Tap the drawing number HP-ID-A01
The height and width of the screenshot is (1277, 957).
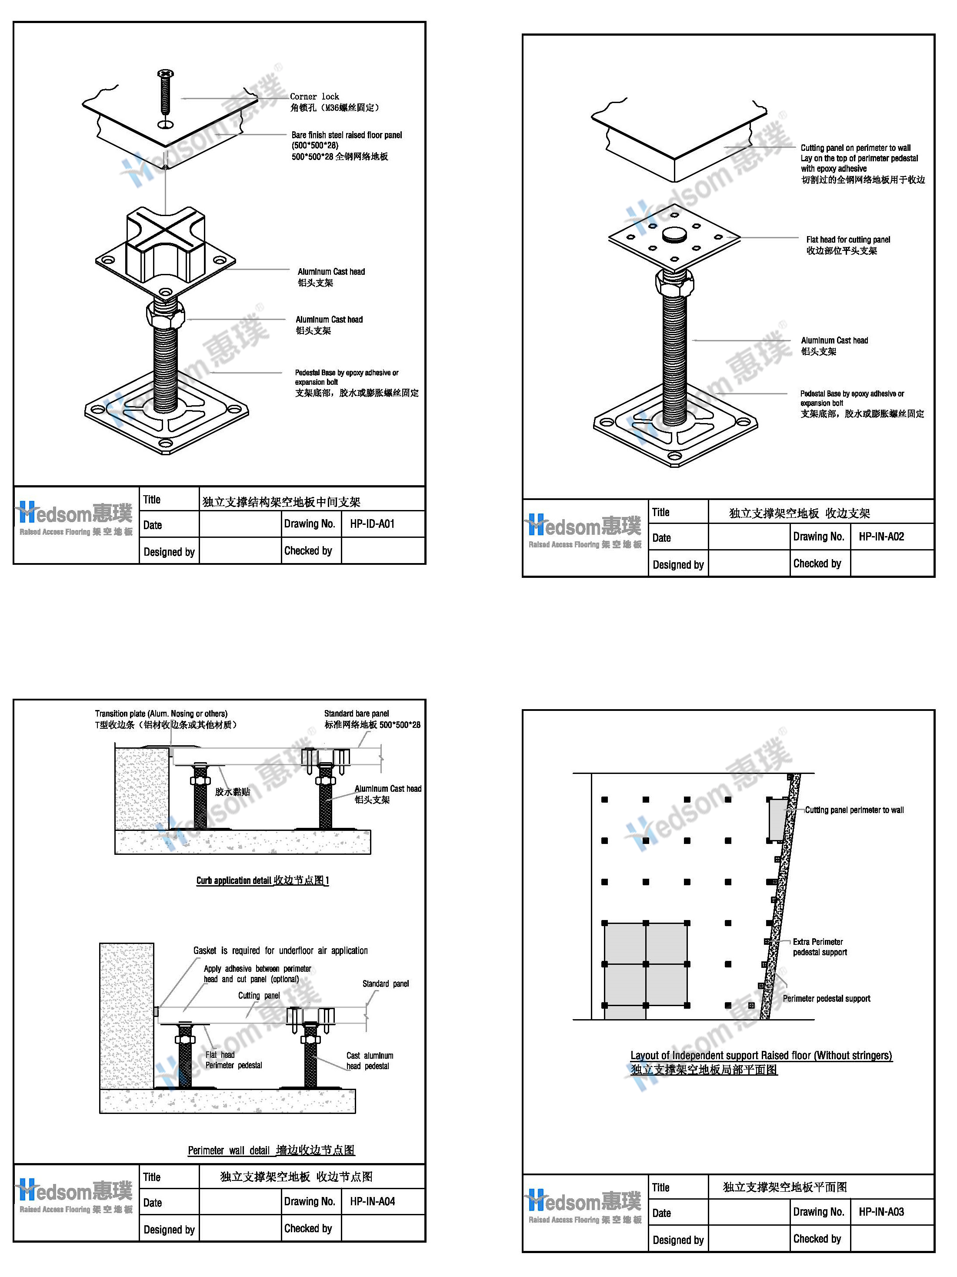click(x=372, y=523)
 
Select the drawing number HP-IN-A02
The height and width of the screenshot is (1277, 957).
click(x=881, y=536)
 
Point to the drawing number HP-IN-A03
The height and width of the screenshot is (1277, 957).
click(x=881, y=1212)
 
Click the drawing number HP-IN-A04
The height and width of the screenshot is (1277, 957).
click(x=372, y=1201)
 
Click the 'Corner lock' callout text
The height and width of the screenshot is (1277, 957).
click(x=314, y=97)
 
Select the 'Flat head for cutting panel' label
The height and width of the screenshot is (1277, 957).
click(x=847, y=240)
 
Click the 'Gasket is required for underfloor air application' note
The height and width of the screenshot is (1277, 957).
click(x=280, y=950)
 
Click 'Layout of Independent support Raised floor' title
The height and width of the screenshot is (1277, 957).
click(x=761, y=1055)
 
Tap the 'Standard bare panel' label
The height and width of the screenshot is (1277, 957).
click(x=356, y=714)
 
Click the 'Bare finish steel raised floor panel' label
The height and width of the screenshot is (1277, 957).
click(x=347, y=135)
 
